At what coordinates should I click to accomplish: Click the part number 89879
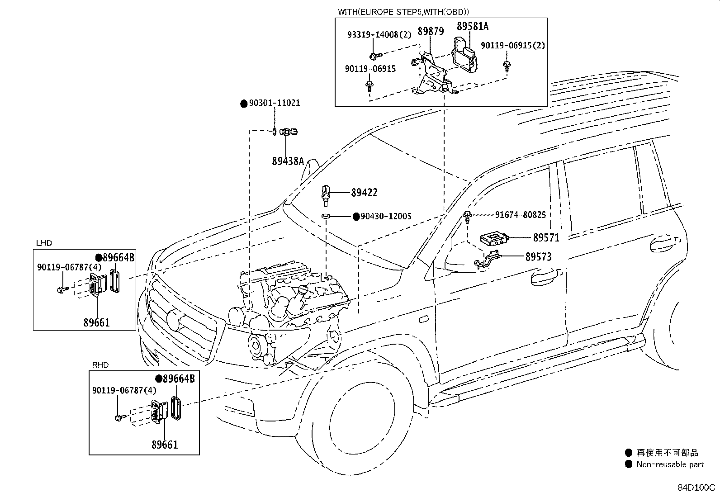431,32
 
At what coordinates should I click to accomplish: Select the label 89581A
473,26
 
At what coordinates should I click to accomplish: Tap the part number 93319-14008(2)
379,35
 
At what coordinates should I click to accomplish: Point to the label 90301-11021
275,103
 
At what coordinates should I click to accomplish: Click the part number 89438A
288,161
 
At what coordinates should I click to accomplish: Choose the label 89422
364,193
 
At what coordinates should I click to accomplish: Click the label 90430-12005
386,216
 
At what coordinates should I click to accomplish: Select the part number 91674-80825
521,215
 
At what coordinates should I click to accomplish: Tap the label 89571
546,237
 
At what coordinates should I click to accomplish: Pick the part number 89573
538,256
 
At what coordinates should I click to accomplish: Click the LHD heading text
44,243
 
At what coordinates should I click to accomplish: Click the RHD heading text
100,365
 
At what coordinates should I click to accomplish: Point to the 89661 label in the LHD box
96,322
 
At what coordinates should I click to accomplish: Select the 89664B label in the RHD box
179,379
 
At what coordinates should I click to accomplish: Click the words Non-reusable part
670,464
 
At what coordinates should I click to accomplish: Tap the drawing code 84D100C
696,488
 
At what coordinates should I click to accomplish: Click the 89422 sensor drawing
326,195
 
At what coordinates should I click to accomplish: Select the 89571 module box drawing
495,239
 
